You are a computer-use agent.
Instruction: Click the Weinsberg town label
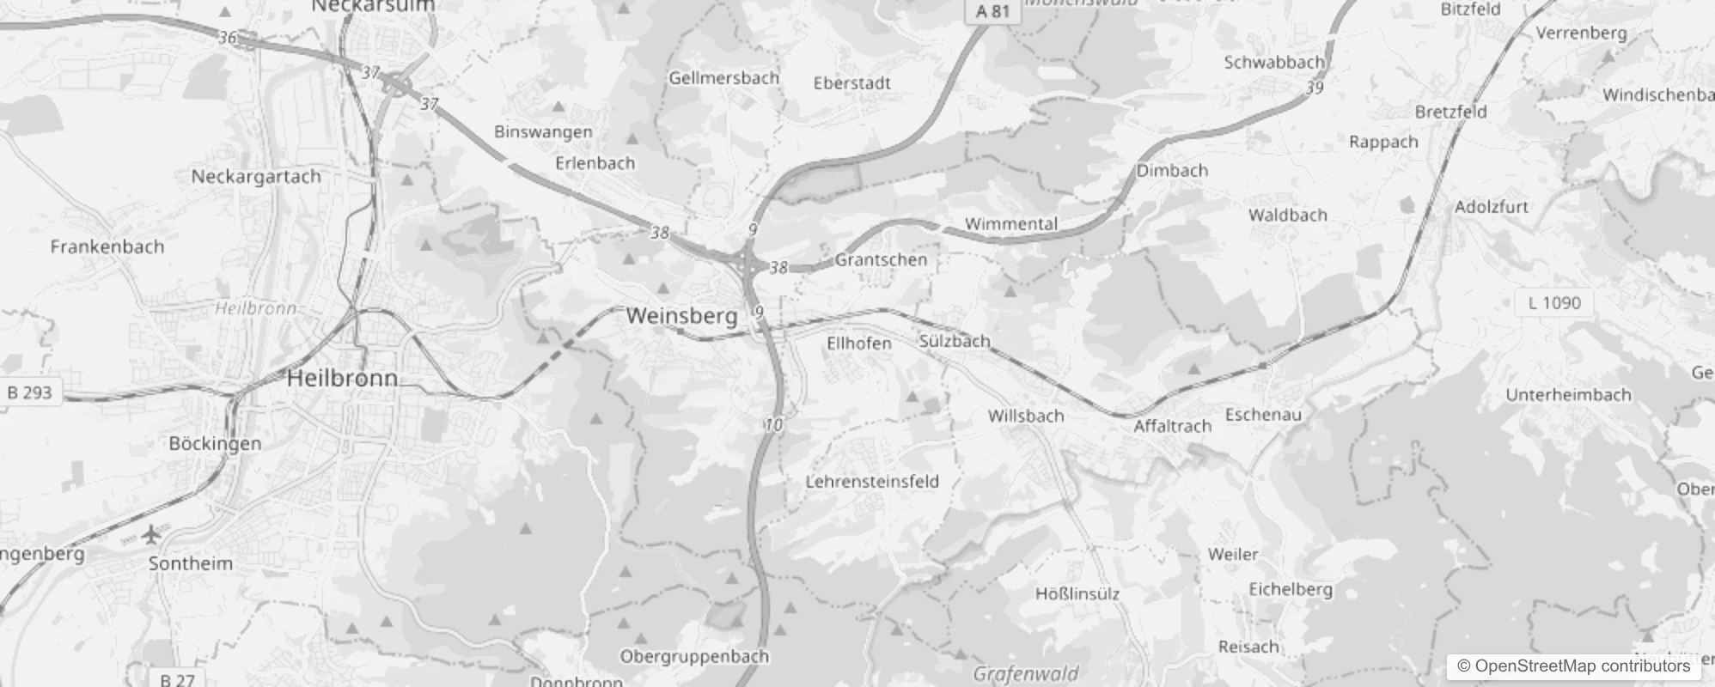(681, 316)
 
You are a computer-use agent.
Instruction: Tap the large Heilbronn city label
(342, 378)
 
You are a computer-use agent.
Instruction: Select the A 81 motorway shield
(992, 11)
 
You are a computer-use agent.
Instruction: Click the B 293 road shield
(30, 392)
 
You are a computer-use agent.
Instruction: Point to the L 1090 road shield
(1554, 302)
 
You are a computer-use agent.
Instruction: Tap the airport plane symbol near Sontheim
(152, 535)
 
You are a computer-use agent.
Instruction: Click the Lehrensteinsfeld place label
(871, 481)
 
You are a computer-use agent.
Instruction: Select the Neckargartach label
(256, 176)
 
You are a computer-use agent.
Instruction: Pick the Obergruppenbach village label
(694, 657)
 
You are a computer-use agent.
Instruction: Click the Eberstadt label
(851, 83)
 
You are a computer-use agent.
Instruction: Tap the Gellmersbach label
(723, 78)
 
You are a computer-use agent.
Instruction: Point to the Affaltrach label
(1172, 426)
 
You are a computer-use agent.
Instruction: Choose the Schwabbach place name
(1273, 62)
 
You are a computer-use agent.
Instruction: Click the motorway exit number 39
(1315, 88)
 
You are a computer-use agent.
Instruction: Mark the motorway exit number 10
(773, 424)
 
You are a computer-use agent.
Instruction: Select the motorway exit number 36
(227, 38)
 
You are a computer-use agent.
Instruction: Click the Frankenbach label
(107, 247)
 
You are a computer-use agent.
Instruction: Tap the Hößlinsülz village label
(1077, 593)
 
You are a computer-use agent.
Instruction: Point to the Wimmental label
(1010, 224)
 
